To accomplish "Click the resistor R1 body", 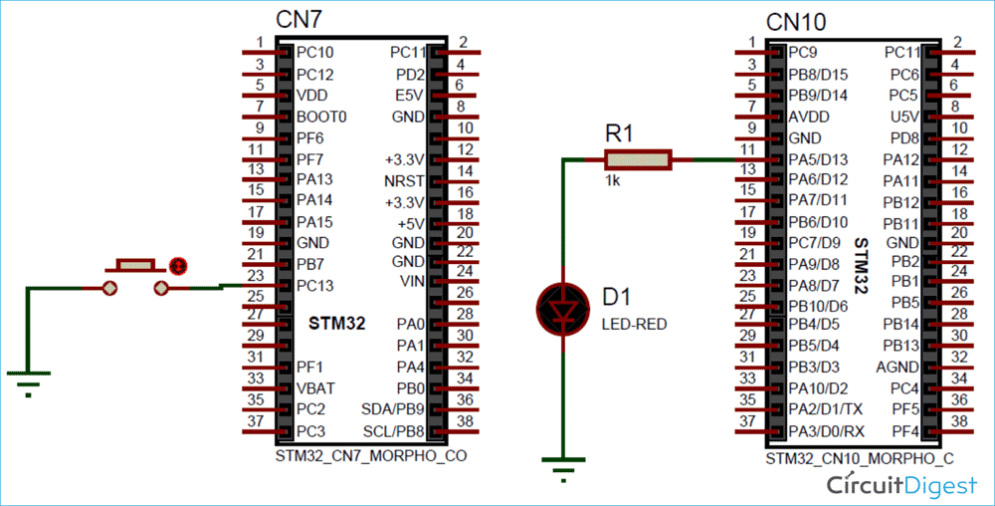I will point(638,158).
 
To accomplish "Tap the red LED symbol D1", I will point(563,309).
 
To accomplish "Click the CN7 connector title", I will point(299,19).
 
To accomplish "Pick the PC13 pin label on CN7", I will point(316,286).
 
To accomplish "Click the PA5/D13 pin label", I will point(818,159).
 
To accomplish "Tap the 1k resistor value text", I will point(611,181).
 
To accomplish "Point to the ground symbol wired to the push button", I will point(28,380).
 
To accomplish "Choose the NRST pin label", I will point(404,181).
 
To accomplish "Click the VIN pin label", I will point(411,282).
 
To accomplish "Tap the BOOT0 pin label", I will point(321,117).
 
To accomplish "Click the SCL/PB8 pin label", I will point(393,430).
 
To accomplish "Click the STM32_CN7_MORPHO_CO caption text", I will point(370,456).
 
